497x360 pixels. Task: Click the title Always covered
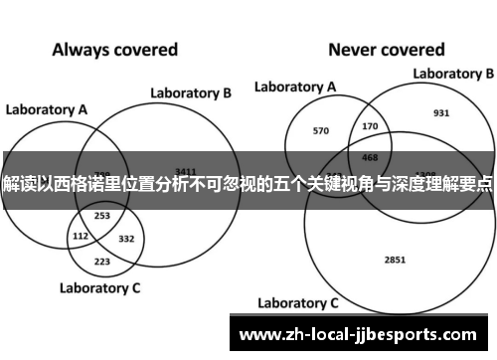pyautogui.click(x=114, y=48)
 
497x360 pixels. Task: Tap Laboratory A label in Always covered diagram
pyautogui.click(x=47, y=108)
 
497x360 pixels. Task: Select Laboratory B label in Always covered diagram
pyautogui.click(x=191, y=93)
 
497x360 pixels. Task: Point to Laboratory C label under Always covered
pyautogui.click(x=100, y=288)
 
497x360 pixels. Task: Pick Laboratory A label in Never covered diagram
pyautogui.click(x=295, y=87)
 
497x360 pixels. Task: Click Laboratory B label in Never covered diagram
pyautogui.click(x=453, y=74)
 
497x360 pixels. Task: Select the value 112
pyautogui.click(x=82, y=236)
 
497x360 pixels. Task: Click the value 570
pyautogui.click(x=321, y=129)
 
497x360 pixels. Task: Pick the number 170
pyautogui.click(x=371, y=125)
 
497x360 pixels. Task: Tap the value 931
pyautogui.click(x=441, y=112)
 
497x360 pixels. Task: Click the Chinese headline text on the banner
pyautogui.click(x=248, y=185)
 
